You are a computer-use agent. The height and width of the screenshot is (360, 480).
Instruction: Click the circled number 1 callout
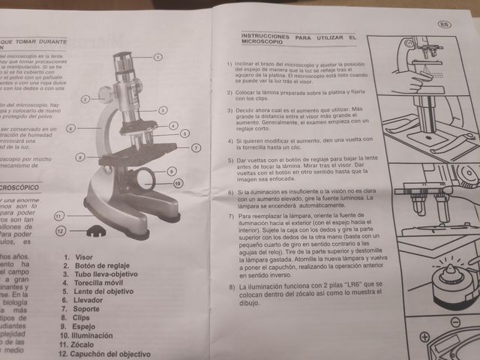point(158,57)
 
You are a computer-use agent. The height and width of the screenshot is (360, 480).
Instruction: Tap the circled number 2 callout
point(85,98)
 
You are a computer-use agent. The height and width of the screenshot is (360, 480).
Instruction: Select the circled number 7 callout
point(196,148)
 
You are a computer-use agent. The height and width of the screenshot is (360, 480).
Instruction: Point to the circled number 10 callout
point(178,183)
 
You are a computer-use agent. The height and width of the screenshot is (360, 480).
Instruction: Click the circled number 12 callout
point(61,232)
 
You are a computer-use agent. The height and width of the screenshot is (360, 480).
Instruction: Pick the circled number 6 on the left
point(70,128)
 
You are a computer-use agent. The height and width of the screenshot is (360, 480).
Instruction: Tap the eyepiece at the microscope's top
point(123,58)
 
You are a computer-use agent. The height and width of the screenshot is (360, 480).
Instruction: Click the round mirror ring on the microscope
point(145,178)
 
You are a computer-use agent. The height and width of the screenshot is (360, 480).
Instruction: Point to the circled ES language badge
point(444,25)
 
